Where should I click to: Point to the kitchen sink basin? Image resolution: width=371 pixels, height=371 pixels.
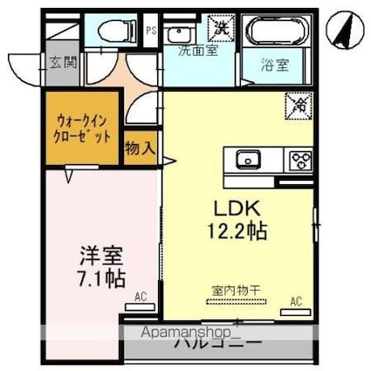click(247, 160)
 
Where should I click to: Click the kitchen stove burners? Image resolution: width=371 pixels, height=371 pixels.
click(301, 160)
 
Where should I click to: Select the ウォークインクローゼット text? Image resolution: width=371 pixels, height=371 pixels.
click(84, 130)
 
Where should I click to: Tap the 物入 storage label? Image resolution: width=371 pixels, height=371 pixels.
click(140, 148)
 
